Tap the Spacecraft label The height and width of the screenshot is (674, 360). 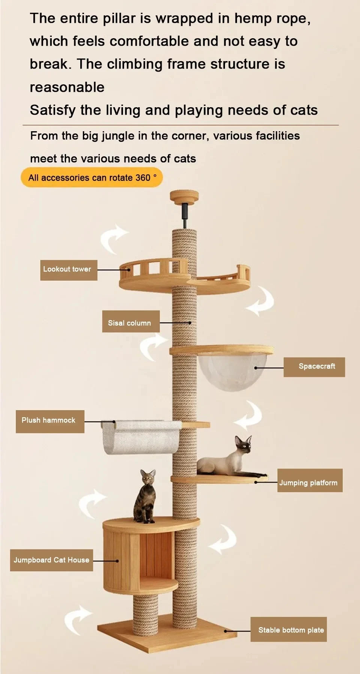point(314,367)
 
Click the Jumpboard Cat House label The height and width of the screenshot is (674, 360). point(51,560)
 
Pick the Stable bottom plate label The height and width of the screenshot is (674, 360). point(288,630)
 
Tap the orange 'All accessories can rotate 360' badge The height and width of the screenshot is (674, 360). point(91,178)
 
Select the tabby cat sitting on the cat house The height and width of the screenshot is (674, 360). point(146,497)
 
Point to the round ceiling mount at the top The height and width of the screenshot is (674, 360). point(184,196)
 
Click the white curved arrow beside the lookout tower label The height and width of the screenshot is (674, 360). point(113,238)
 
